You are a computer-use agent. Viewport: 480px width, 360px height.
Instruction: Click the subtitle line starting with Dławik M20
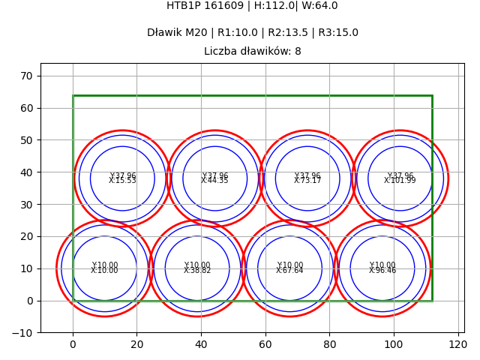[252, 33]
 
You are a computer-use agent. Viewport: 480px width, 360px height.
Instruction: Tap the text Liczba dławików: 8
[252, 52]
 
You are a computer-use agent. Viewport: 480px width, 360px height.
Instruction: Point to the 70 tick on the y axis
[26, 76]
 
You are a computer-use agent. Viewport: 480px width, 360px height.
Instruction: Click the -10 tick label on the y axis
[23, 333]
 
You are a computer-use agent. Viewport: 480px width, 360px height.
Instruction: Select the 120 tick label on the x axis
[458, 345]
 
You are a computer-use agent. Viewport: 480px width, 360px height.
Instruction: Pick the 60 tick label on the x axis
[265, 345]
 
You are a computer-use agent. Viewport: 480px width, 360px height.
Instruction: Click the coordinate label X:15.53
[122, 181]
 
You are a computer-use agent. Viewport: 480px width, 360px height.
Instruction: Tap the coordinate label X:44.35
[214, 181]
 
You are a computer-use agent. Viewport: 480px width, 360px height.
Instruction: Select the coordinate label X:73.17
[307, 181]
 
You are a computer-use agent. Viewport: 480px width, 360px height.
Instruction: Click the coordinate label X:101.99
[400, 181]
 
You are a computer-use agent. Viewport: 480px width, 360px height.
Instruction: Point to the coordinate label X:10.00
[104, 271]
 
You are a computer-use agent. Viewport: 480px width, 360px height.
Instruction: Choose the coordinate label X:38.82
[197, 271]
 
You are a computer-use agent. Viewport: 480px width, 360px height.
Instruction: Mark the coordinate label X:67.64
[289, 271]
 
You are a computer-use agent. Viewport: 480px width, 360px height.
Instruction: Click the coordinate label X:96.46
[382, 271]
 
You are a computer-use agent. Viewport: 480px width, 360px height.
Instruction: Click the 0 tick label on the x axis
[73, 345]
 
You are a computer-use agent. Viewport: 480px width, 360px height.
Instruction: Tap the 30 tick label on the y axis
[26, 204]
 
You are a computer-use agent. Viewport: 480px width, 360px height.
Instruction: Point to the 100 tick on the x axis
[394, 345]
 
